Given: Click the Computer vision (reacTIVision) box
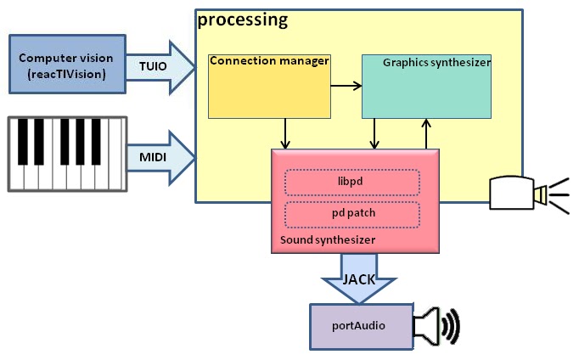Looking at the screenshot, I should [66, 64].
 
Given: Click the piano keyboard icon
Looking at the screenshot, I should [66, 154].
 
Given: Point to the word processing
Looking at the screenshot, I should [242, 19].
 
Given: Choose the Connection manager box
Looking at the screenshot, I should [269, 86].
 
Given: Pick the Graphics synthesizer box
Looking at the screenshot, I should [427, 86].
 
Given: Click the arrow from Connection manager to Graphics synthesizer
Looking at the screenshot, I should [346, 86].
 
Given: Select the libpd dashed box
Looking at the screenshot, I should [351, 183].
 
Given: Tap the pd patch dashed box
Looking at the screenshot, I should [351, 213].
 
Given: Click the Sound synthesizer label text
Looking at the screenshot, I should [328, 241].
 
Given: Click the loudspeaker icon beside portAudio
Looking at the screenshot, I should [436, 326].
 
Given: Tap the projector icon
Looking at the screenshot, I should [519, 193].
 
